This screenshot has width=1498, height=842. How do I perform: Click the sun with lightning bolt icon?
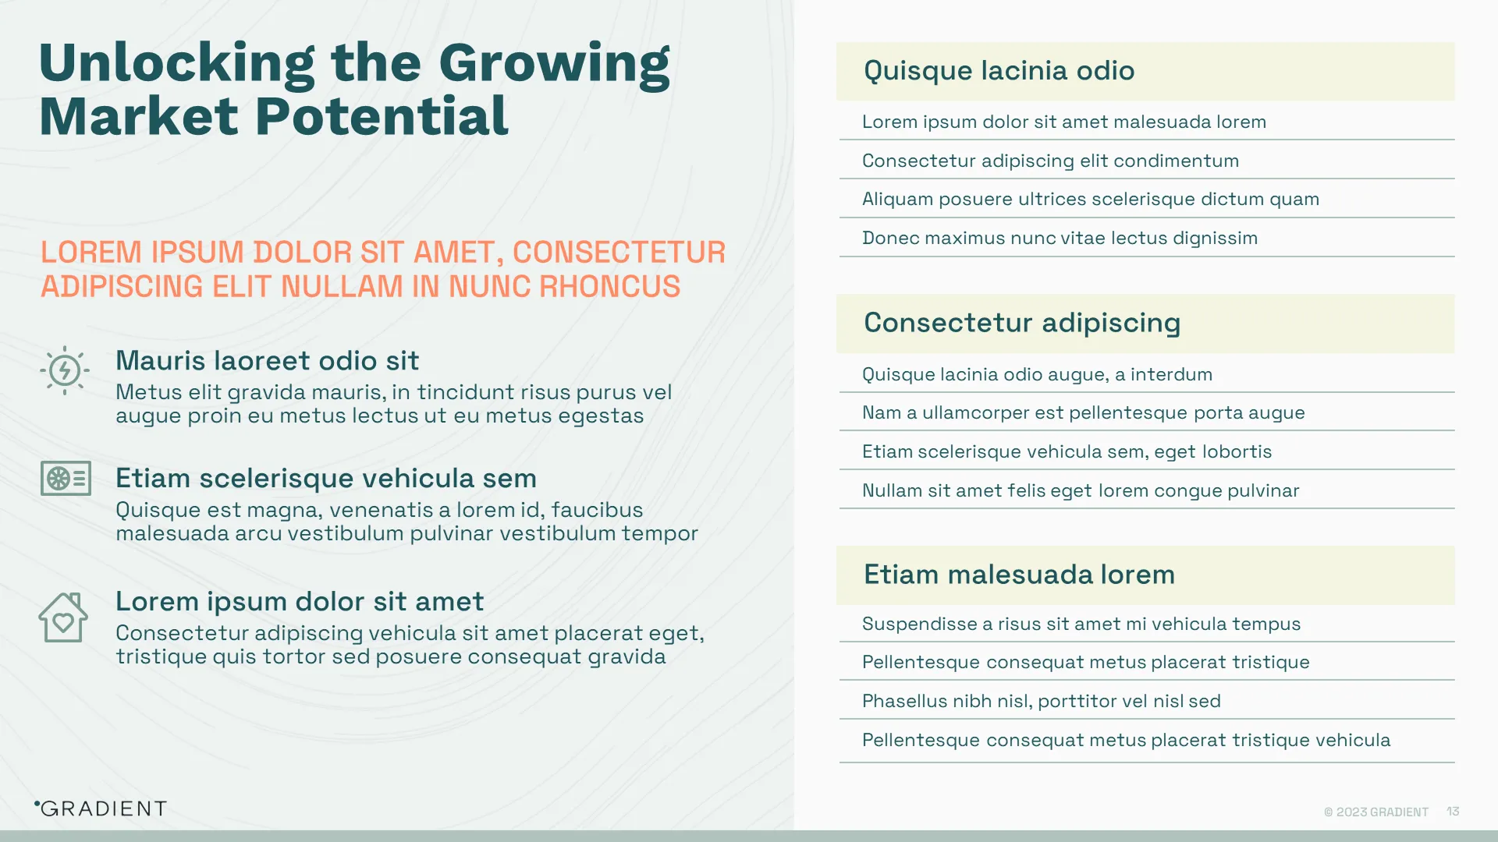(x=65, y=370)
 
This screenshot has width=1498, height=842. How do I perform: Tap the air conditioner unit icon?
(x=66, y=479)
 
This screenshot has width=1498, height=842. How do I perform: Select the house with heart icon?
(x=63, y=617)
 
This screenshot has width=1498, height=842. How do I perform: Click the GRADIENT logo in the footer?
(x=101, y=808)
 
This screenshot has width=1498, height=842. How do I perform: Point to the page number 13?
(x=1453, y=812)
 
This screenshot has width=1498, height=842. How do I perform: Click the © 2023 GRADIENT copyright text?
(x=1376, y=812)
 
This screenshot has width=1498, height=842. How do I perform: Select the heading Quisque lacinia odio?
(x=999, y=71)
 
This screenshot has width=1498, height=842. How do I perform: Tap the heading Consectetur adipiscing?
(x=1022, y=323)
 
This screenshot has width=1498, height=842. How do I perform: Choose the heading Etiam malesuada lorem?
(x=1019, y=575)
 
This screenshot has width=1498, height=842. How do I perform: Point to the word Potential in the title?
(x=382, y=117)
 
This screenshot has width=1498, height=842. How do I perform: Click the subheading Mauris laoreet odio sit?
(x=267, y=361)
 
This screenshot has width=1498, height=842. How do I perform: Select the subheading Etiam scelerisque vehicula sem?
(x=326, y=478)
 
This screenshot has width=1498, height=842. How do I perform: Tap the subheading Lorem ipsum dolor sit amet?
(x=300, y=602)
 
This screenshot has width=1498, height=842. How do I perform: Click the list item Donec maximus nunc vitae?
(x=1060, y=238)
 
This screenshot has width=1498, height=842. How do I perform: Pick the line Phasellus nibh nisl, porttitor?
(x=1041, y=701)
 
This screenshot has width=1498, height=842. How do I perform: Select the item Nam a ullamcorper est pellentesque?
(x=1083, y=412)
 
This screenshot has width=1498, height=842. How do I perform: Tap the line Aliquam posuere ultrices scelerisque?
(x=1090, y=199)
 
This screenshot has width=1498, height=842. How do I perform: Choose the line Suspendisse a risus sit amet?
(x=1081, y=624)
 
